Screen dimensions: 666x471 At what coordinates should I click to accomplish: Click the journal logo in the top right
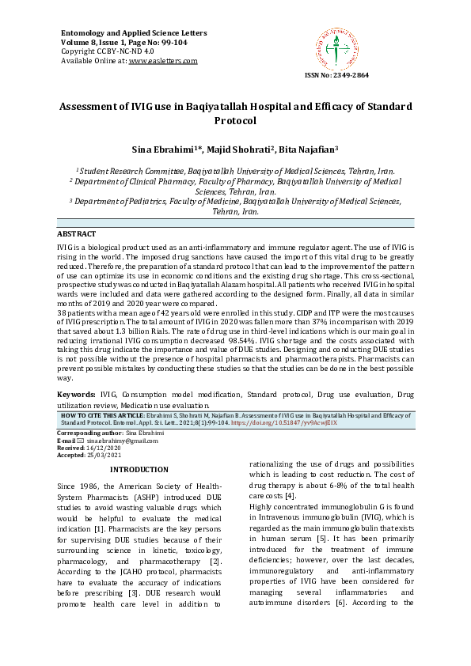[338, 47]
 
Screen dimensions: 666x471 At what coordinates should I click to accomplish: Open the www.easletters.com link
[163, 60]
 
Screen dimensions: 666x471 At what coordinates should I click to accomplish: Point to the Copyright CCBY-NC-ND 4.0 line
[108, 51]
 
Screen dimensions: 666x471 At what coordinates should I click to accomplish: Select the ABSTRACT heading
[77, 234]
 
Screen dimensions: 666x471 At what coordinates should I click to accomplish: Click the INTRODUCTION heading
[139, 469]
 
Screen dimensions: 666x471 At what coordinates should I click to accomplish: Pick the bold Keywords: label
[77, 393]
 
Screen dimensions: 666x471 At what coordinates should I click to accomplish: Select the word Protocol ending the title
[236, 121]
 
